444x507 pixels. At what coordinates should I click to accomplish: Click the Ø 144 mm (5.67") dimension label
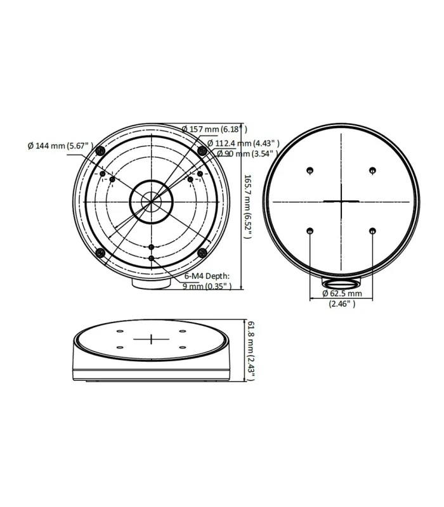(x=61, y=146)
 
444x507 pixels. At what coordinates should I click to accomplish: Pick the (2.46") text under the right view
(x=342, y=304)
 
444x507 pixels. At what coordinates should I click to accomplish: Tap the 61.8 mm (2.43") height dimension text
(x=251, y=350)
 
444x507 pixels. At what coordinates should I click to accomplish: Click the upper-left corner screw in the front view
(x=100, y=150)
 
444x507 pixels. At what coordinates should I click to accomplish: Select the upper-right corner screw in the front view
(x=202, y=150)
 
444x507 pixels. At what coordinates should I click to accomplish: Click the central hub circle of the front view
(x=151, y=202)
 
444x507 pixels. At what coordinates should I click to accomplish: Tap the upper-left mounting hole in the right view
(x=310, y=170)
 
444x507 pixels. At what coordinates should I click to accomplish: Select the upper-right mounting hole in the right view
(x=372, y=170)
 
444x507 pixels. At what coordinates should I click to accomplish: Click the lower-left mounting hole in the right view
(x=310, y=232)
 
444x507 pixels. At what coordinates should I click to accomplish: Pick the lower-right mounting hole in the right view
(x=372, y=232)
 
